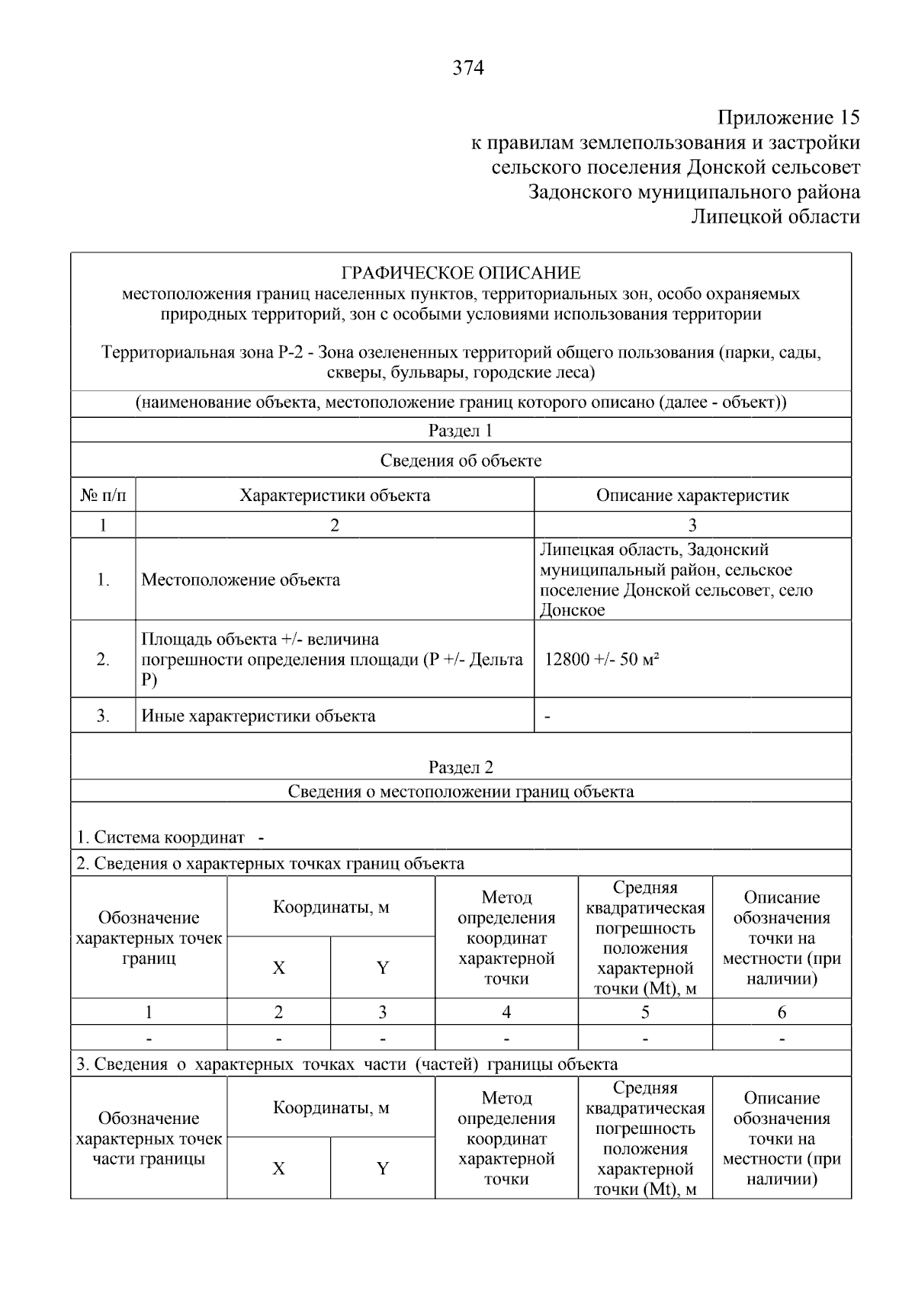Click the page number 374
click(468, 69)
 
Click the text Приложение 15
click(788, 117)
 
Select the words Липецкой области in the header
click(775, 217)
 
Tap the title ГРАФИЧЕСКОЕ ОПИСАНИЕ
click(461, 273)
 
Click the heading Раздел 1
click(461, 431)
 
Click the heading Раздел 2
click(461, 767)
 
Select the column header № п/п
click(103, 496)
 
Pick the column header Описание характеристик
click(692, 496)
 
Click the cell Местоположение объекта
click(241, 580)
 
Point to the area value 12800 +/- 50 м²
click(602, 660)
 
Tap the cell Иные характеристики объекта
click(258, 716)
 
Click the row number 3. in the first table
click(103, 716)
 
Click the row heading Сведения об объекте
click(461, 461)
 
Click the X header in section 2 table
click(279, 968)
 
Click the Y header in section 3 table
click(383, 1168)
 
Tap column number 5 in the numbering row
click(645, 1012)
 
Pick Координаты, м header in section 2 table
click(331, 907)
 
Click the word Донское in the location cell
click(572, 610)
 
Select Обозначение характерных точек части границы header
click(149, 1138)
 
